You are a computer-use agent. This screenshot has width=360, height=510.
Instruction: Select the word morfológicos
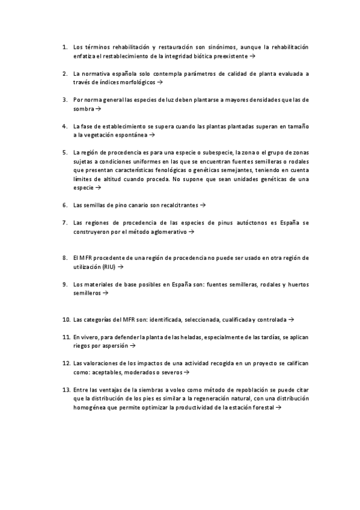coord(138,82)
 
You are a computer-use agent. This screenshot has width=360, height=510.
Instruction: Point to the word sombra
coord(83,109)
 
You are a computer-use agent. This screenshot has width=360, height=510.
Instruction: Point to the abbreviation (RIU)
coord(108,266)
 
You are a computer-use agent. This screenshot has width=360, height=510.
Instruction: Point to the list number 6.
coord(65,205)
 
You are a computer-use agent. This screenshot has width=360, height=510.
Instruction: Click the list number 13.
coord(66,390)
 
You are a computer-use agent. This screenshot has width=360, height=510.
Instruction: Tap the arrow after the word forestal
coord(278,407)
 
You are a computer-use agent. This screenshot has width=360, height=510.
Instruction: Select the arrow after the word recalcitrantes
coord(203,205)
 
